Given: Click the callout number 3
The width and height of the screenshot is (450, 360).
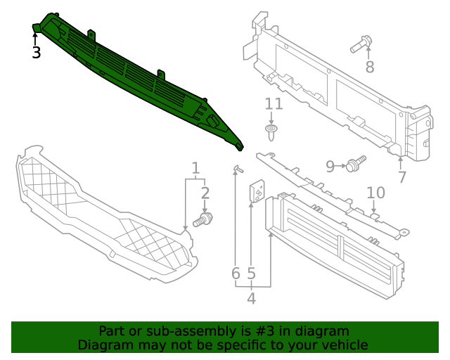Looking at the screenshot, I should (x=36, y=53).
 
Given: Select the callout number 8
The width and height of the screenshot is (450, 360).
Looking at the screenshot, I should (x=369, y=67).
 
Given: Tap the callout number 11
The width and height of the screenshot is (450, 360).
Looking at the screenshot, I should (x=274, y=104).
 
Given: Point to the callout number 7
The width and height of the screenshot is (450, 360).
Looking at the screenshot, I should (x=401, y=177).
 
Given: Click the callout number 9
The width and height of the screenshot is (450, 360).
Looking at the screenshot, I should (x=330, y=166).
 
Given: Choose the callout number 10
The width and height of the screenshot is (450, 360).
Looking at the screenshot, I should (x=376, y=193).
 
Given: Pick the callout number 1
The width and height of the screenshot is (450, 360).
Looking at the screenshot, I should (x=195, y=168).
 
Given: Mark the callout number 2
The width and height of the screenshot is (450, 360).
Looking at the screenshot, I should (x=205, y=193).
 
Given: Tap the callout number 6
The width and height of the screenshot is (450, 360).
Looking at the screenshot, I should (x=236, y=273).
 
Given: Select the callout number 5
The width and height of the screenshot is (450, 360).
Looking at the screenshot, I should (x=251, y=273).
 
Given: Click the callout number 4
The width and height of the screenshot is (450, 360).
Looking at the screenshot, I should (x=251, y=299).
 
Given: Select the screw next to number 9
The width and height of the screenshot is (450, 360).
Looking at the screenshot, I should (x=355, y=165).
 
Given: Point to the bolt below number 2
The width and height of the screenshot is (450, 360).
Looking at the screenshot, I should (x=204, y=220).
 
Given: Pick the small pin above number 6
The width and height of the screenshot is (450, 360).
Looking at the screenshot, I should (x=237, y=168).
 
